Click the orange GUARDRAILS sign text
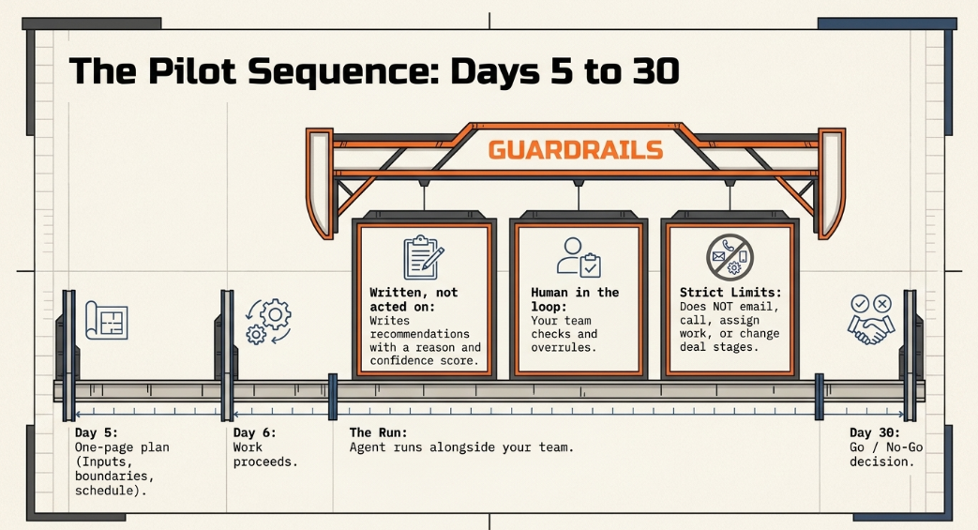point(575,150)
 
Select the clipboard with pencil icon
point(424,257)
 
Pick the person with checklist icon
point(579,257)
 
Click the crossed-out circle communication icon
point(730,257)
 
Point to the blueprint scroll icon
point(107,321)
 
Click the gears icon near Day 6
point(269,322)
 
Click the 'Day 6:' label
point(254,432)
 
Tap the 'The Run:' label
point(378,432)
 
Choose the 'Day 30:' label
point(875,432)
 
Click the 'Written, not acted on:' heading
point(414,299)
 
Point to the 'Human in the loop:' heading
point(575,299)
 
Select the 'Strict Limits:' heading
point(730,292)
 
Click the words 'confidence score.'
point(424,361)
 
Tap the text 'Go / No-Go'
point(886,447)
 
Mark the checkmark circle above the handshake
point(860,304)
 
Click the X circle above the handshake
point(882,304)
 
